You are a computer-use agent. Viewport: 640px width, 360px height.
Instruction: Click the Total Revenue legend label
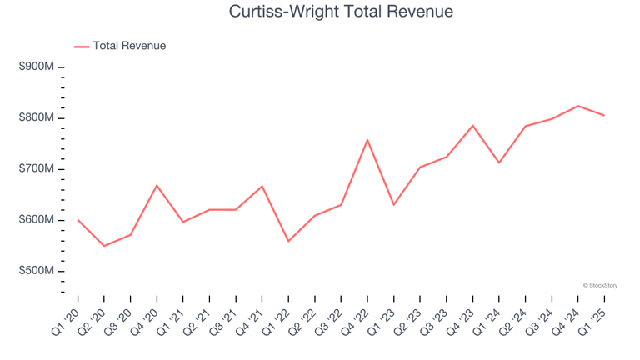tap(129, 46)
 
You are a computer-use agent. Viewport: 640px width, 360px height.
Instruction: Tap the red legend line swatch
tap(81, 47)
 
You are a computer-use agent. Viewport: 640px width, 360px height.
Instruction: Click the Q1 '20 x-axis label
tap(67, 319)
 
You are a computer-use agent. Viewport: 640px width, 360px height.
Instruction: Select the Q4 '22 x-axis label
tap(357, 319)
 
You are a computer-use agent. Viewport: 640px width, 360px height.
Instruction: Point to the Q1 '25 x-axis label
tap(593, 319)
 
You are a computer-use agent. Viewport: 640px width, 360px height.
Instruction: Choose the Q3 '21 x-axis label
tap(225, 319)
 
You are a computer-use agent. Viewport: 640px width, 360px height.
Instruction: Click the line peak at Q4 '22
tap(367, 140)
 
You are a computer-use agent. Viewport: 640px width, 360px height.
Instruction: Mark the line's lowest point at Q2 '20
tap(104, 246)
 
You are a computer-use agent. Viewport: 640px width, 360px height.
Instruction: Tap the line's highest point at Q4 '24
tap(577, 106)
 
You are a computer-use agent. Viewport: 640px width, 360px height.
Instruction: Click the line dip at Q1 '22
tap(288, 241)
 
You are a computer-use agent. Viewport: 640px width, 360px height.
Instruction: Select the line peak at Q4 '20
tap(157, 185)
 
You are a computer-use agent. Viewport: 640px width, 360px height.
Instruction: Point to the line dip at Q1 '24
tap(499, 162)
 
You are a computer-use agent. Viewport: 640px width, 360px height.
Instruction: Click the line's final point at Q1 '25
tap(604, 115)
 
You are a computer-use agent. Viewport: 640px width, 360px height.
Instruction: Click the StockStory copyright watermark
tap(600, 285)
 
